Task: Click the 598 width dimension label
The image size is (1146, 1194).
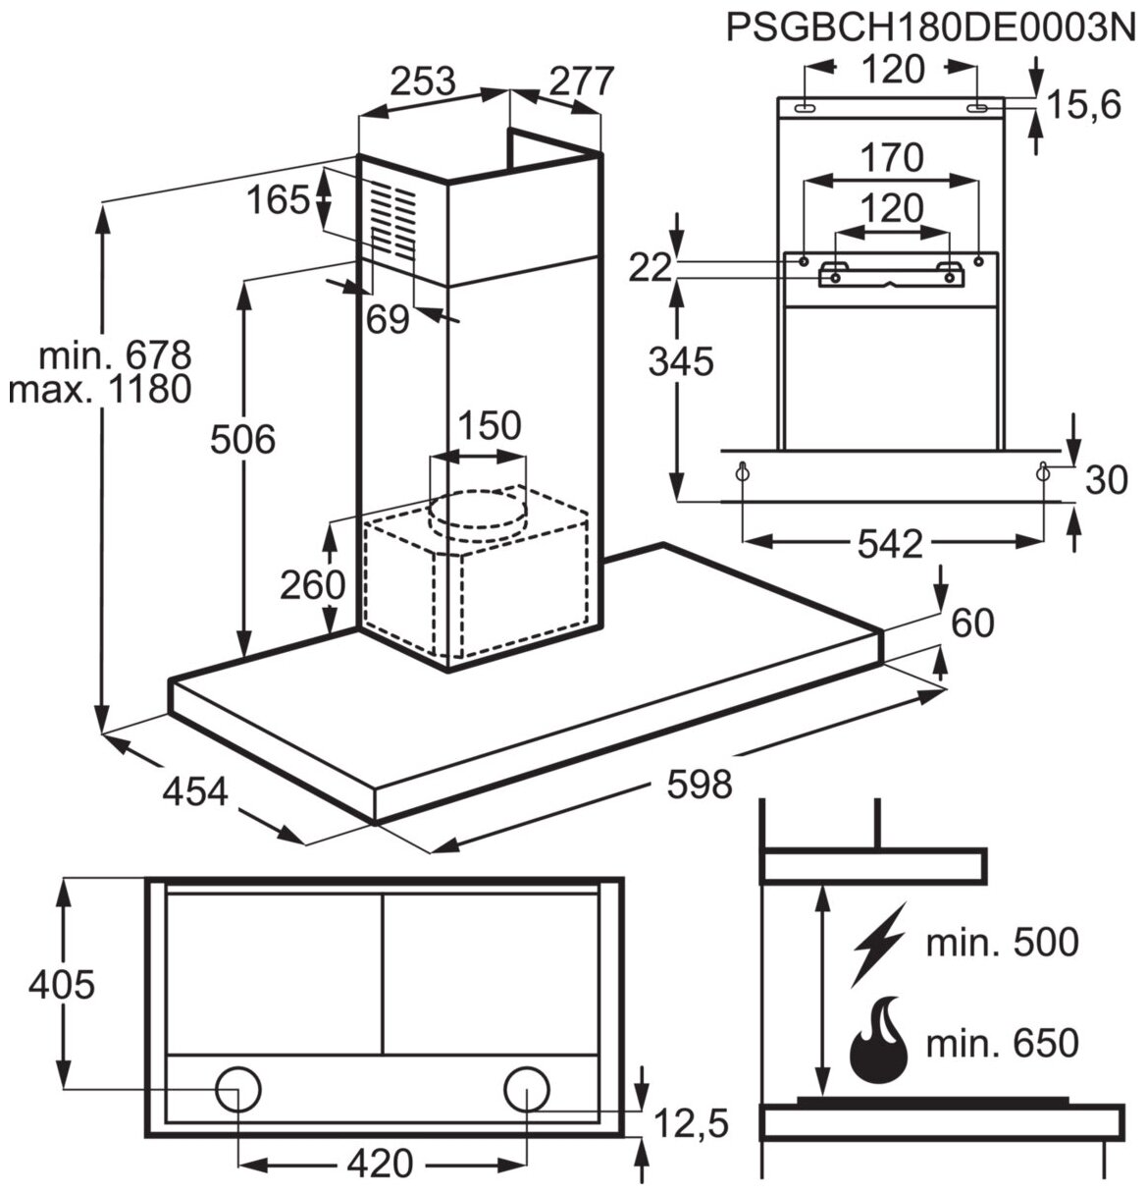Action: coord(700,784)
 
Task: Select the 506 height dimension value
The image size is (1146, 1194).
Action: coord(244,440)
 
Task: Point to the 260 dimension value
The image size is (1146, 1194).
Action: coord(313,585)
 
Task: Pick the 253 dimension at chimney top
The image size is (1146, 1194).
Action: coord(423,81)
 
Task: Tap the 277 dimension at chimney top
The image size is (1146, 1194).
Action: coord(580,81)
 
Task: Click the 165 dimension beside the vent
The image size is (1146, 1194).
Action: coord(278,201)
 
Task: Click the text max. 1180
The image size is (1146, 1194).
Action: coord(99,390)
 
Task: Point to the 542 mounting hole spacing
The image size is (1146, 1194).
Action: coord(889,544)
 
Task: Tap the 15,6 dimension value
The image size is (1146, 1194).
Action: coord(1082,104)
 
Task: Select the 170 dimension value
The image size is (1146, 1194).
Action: coord(892,157)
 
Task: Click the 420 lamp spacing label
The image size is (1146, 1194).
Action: coord(381,1165)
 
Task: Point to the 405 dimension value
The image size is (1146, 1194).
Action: coord(62,983)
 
